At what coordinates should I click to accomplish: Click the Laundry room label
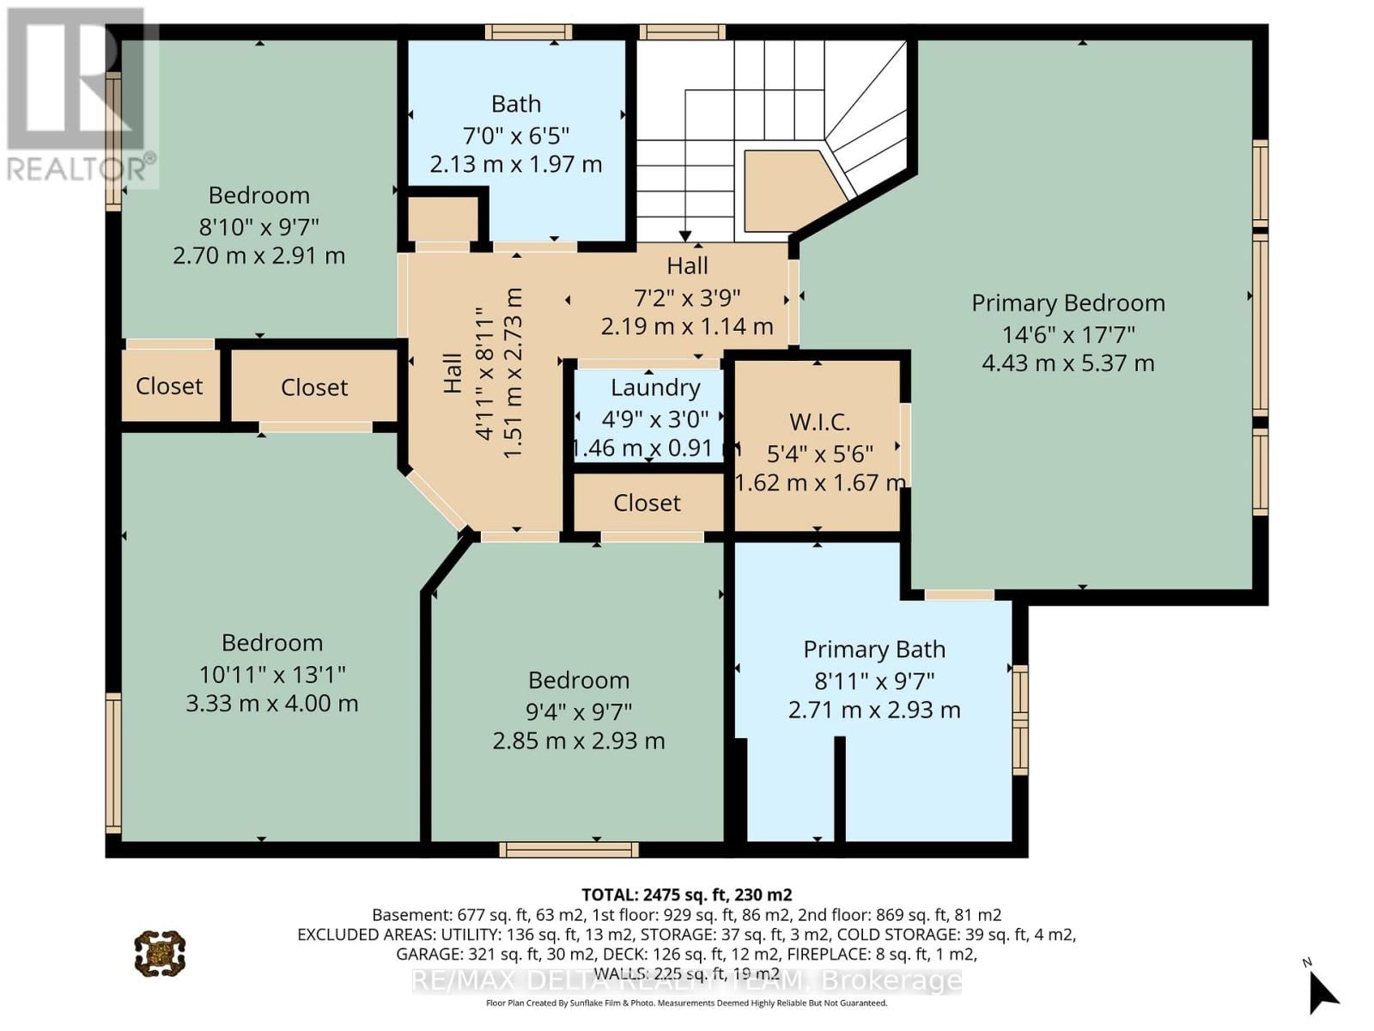tap(655, 387)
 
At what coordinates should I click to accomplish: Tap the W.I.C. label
tap(819, 422)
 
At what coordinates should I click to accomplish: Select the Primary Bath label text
tap(874, 650)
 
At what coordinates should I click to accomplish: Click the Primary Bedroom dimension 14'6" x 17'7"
tap(1068, 334)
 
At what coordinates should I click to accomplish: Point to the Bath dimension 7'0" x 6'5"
tap(516, 135)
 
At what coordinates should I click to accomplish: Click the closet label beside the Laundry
tap(647, 503)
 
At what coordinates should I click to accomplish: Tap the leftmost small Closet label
tap(169, 386)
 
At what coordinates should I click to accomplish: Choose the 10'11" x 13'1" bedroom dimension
tap(271, 674)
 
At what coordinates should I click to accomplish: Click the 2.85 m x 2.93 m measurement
tap(578, 741)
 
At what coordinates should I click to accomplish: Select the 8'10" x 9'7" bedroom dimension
tap(258, 227)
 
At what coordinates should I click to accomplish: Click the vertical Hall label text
tap(453, 374)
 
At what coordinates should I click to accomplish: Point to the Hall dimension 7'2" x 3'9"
tap(687, 297)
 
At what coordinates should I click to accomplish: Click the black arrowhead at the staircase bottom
tap(685, 235)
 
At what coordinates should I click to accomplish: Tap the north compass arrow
tap(1322, 993)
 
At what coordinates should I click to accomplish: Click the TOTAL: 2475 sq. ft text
tap(686, 894)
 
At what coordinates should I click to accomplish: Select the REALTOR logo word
tap(82, 168)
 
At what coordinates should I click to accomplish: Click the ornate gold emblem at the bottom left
tap(160, 953)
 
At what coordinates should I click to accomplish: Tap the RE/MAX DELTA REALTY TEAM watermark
tap(686, 980)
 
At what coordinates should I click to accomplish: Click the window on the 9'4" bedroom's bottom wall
tap(569, 850)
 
